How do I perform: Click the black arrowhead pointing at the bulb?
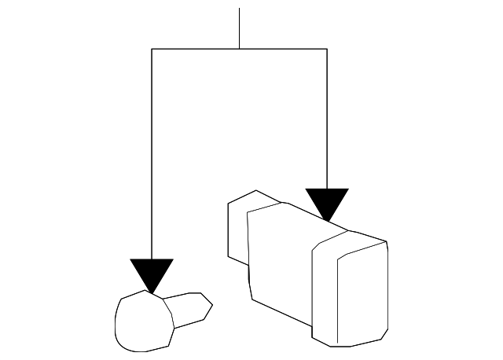[152, 272]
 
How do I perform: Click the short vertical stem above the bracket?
[239, 28]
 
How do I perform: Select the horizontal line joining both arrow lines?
[196, 49]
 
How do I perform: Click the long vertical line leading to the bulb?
[152, 157]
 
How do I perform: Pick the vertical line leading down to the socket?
[327, 118]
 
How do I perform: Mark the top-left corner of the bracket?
[152, 49]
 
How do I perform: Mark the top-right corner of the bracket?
[327, 49]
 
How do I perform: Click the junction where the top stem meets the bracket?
[239, 49]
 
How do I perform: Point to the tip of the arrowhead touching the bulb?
[152, 292]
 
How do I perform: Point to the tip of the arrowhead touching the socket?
[328, 221]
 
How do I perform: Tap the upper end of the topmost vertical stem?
[239, 9]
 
